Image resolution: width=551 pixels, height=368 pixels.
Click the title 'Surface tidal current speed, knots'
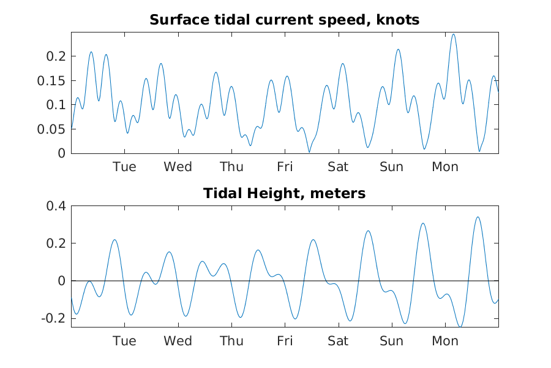284,20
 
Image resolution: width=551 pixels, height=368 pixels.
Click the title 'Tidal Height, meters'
284,193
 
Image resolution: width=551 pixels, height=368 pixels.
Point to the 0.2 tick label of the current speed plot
56,56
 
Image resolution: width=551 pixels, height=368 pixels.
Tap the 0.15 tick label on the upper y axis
51,80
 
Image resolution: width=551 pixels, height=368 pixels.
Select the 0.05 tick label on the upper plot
51,129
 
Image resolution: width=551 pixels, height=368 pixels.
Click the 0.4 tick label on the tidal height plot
56,205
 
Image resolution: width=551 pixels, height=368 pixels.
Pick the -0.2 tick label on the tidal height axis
53,318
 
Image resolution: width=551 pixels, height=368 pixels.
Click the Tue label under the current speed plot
124,167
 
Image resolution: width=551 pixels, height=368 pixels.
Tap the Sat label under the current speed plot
338,167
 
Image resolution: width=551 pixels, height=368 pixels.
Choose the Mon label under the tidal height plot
445,341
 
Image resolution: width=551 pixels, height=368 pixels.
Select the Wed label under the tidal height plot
178,341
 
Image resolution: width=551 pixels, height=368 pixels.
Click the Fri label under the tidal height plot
285,341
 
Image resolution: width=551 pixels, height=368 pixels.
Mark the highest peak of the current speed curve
453,34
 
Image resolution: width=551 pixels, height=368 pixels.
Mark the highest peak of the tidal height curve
478,217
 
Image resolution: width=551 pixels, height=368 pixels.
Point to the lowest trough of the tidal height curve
460,327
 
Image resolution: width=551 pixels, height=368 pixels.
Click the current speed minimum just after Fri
309,152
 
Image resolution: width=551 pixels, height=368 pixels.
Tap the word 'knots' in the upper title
398,20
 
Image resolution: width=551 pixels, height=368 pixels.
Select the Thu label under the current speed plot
231,167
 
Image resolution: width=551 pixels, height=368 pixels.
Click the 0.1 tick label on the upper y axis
56,105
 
